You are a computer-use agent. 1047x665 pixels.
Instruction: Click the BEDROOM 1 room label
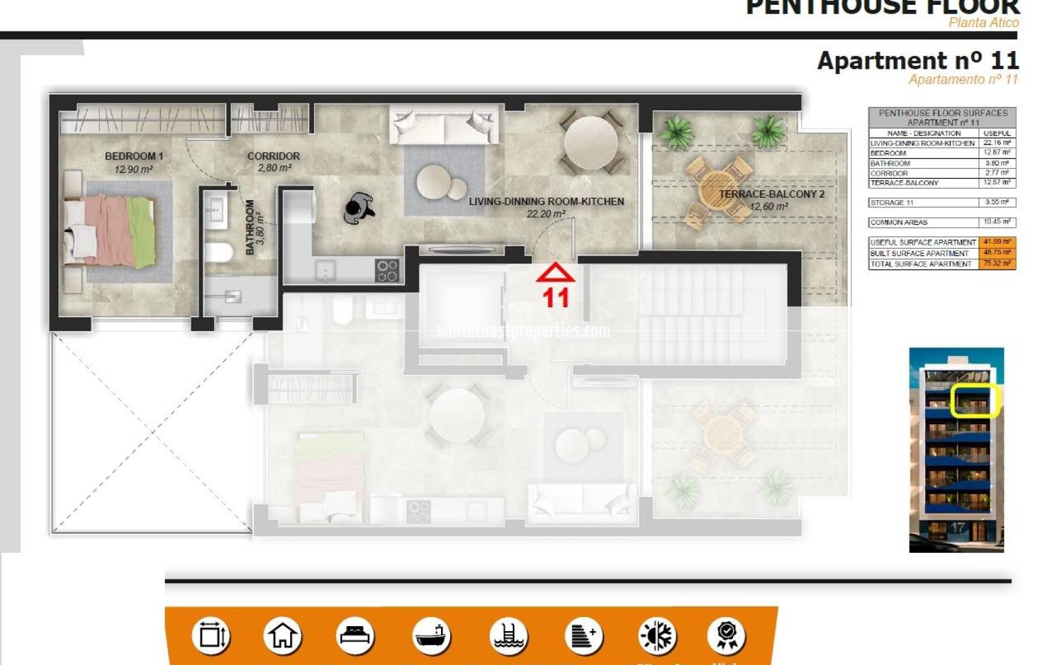134,156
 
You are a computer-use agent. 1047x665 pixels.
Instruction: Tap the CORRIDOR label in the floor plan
273,156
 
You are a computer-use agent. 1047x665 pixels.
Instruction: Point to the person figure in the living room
358,208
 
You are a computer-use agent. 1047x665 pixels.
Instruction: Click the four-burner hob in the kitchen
387,270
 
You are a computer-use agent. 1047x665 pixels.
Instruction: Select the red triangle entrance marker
556,273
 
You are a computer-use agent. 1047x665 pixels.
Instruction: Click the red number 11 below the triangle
556,298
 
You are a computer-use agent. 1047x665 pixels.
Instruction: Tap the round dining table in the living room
591,142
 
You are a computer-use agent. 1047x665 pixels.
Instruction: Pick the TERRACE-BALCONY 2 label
771,194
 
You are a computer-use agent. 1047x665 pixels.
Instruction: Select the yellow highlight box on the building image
974,400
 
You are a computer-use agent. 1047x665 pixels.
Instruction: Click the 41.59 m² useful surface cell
996,242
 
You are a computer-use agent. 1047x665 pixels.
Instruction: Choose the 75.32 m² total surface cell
996,264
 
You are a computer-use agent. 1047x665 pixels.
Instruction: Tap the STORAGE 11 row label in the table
892,203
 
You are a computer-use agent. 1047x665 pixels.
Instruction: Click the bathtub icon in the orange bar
431,636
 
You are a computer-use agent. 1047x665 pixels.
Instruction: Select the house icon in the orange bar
283,636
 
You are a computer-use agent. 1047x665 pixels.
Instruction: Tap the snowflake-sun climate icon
657,636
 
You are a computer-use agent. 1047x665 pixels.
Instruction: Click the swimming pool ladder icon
509,636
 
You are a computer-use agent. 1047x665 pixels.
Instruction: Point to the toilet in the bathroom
218,252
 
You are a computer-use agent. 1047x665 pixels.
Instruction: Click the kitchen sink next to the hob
325,270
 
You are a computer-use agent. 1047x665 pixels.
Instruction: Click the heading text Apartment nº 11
918,61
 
